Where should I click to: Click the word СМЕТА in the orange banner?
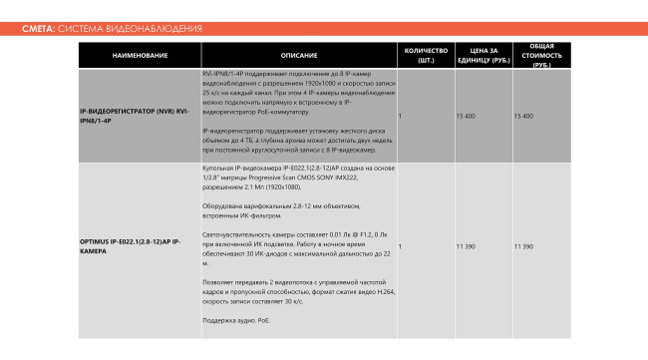click(x=38, y=29)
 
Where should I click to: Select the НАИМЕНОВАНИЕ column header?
click(x=139, y=55)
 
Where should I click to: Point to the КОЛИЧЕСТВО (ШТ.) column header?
click(x=426, y=55)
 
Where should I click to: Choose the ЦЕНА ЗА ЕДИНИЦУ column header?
click(x=484, y=55)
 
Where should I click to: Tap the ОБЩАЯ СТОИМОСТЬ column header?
click(x=542, y=55)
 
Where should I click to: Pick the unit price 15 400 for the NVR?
click(x=465, y=116)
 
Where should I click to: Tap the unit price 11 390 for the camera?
click(x=465, y=245)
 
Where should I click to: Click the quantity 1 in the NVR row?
click(x=400, y=116)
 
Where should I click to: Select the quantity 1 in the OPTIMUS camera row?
click(x=400, y=245)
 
